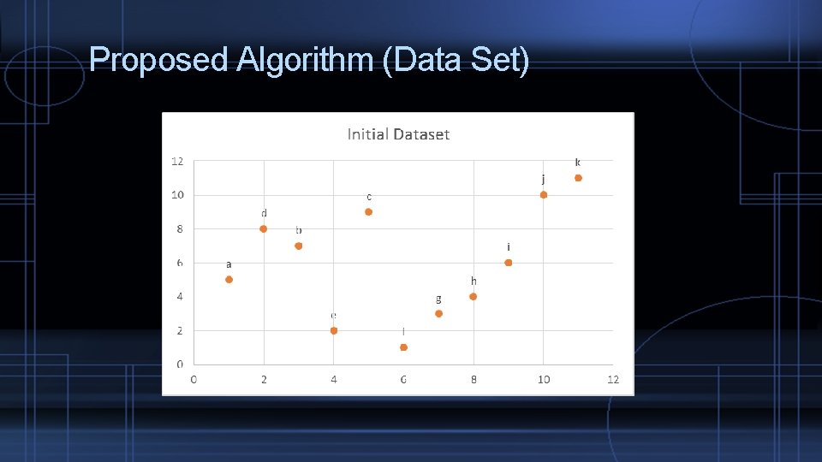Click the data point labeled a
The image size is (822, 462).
point(229,280)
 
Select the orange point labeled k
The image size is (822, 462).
point(578,178)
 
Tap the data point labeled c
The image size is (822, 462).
point(368,212)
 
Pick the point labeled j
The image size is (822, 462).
point(543,195)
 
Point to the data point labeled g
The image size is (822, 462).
point(438,314)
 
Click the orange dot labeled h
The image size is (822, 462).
point(473,297)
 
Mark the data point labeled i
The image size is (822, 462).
point(508,263)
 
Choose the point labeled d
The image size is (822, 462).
point(264,229)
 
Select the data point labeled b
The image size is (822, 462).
point(298,246)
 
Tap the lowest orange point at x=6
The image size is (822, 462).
point(403,347)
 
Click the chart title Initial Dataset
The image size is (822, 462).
point(398,134)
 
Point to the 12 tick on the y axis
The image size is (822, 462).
point(177,161)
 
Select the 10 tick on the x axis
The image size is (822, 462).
point(543,380)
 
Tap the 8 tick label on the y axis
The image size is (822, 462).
point(180,229)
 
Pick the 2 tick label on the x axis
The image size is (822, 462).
point(264,380)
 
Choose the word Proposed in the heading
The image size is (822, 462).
point(159,61)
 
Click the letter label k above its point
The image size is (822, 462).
point(577,163)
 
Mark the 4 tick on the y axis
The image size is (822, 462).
point(180,297)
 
